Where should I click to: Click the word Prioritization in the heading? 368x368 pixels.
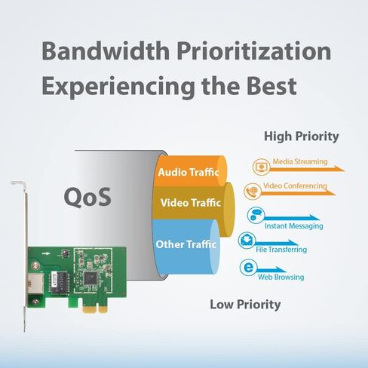coord(253,52)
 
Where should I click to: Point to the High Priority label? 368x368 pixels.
coord(301,136)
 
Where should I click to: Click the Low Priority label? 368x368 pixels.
coord(244,305)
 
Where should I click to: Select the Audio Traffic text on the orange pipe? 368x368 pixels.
coord(188,173)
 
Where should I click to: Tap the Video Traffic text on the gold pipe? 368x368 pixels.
coord(188,203)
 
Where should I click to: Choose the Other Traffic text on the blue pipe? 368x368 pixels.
coord(186,244)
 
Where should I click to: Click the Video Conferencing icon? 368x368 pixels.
coord(253,190)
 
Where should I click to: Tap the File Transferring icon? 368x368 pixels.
coord(246,241)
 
